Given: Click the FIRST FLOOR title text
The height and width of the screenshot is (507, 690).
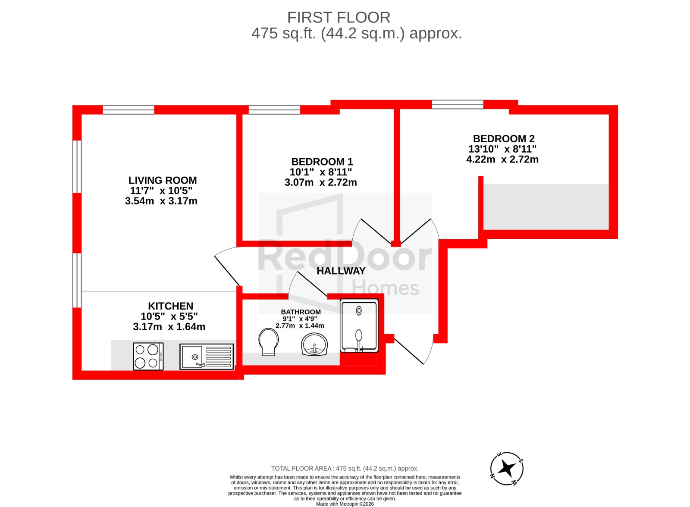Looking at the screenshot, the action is [x=339, y=18].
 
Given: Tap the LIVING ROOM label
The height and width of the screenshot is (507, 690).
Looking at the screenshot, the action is [x=162, y=180].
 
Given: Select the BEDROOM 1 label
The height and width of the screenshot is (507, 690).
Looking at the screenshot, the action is [x=322, y=162].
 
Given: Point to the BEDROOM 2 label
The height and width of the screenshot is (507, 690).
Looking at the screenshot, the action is [x=504, y=139].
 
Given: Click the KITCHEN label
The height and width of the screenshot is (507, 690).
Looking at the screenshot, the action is [x=170, y=306].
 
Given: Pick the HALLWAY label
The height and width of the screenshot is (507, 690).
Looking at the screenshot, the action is [x=341, y=271].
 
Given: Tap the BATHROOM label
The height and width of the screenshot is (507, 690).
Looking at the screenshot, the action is [x=301, y=312].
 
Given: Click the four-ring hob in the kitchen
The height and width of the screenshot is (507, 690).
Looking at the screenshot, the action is [x=148, y=357].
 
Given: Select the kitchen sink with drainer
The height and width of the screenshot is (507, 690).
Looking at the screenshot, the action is [x=207, y=357].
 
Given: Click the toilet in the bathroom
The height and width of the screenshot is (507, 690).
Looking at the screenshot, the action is [x=268, y=342].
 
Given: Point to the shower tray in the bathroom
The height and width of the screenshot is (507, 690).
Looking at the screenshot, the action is [x=359, y=325].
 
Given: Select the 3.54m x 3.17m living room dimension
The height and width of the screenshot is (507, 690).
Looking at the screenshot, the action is [x=161, y=201].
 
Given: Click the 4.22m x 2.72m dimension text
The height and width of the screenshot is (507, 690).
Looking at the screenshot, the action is [x=502, y=159].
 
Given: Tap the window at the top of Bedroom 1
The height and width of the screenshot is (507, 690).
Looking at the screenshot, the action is [x=274, y=110].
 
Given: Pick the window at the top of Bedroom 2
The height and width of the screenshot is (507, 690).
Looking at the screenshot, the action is [x=458, y=104].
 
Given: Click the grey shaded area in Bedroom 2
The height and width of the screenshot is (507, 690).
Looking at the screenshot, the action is [x=546, y=207].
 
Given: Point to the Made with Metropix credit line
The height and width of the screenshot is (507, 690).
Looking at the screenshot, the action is [x=345, y=504].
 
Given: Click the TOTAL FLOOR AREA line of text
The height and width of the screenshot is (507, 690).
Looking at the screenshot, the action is [x=345, y=469].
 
